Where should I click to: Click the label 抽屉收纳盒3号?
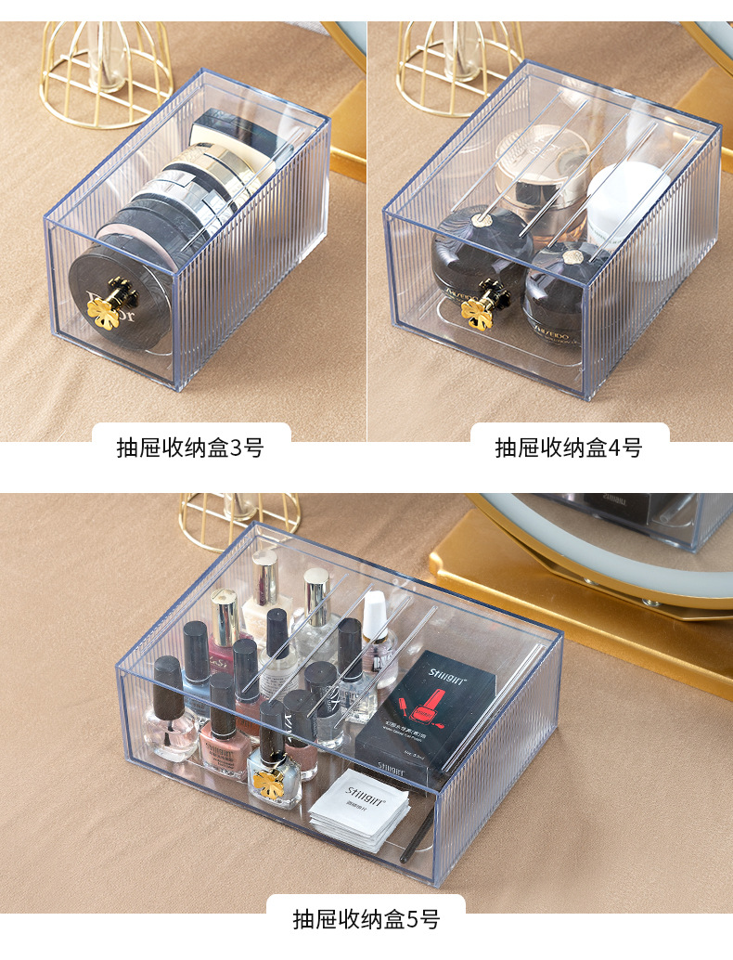tap(189, 448)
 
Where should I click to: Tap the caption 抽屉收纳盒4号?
tap(568, 448)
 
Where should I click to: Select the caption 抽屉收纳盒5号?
tap(366, 919)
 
